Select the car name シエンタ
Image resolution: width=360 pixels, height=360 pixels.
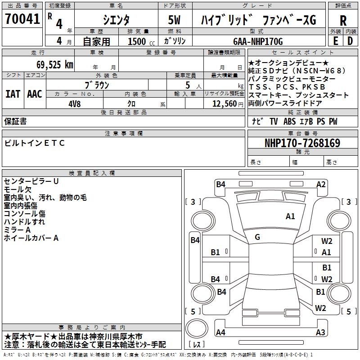click(x=116, y=20)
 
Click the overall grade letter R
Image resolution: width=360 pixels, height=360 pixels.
click(x=343, y=21)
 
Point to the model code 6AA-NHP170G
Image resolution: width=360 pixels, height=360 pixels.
click(x=258, y=41)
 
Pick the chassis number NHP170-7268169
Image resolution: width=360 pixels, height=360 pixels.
click(x=302, y=143)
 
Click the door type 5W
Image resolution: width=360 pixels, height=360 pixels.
click(x=175, y=21)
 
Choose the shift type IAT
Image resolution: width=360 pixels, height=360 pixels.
click(x=13, y=94)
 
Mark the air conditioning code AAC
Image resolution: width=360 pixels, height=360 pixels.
click(x=35, y=94)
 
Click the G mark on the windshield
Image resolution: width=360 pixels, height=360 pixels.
click(x=257, y=237)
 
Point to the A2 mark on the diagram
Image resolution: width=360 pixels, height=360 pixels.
click(x=321, y=184)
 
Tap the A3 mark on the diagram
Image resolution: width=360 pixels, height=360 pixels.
click(x=320, y=333)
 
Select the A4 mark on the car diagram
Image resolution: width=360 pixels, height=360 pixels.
click(x=220, y=333)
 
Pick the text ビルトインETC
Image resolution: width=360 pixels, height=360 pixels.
click(x=35, y=143)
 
